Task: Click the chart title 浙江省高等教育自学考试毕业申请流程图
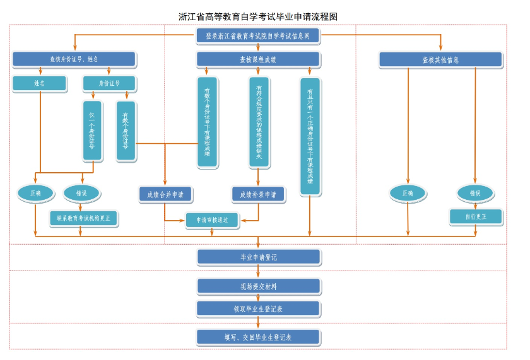[258, 16]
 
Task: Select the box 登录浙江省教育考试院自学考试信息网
[258, 37]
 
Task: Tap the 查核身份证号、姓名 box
[74, 59]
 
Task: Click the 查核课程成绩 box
[258, 59]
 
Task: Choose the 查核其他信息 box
[440, 60]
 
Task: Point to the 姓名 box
[40, 83]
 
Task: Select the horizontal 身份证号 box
[109, 83]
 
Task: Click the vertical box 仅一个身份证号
[92, 130]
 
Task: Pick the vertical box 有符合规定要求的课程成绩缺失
[259, 122]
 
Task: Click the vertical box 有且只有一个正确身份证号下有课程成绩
[310, 135]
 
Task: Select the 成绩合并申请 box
[165, 195]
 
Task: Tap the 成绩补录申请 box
[258, 195]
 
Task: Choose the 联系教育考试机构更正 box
[83, 218]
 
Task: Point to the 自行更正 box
[475, 217]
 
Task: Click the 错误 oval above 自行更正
[475, 194]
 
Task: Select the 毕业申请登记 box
[258, 257]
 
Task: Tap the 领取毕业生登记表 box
[258, 309]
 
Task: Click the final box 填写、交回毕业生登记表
[258, 337]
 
